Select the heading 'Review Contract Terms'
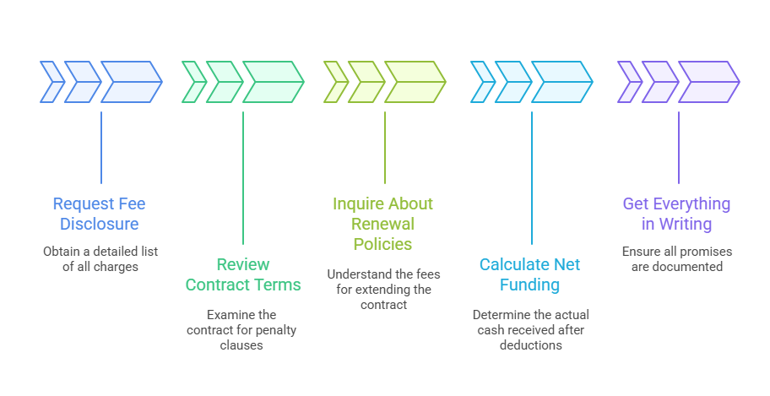243,274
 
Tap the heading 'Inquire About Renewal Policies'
382,224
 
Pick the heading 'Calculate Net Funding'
530,274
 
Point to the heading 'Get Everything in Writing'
676,214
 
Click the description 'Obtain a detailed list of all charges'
100,259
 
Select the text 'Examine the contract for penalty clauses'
242,329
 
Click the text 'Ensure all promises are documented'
676,259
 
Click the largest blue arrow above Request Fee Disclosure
130,82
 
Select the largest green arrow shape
273,82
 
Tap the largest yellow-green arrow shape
415,82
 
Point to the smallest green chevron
193,82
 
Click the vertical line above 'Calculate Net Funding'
531,177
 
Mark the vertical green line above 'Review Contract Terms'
243,177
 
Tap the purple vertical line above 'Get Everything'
678,147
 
